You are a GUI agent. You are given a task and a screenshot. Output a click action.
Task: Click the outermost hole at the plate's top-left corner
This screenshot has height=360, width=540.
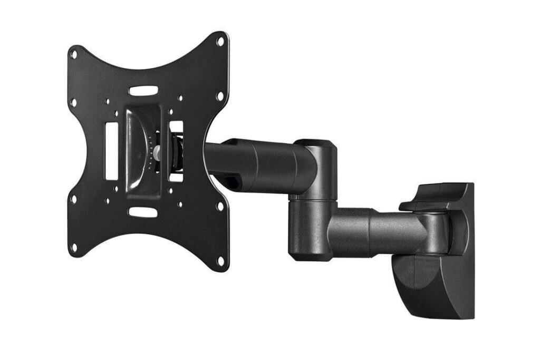point(74,53)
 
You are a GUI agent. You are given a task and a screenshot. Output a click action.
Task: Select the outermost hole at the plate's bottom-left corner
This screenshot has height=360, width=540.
point(74,247)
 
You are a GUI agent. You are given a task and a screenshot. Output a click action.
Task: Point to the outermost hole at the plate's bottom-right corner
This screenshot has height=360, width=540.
point(220,260)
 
